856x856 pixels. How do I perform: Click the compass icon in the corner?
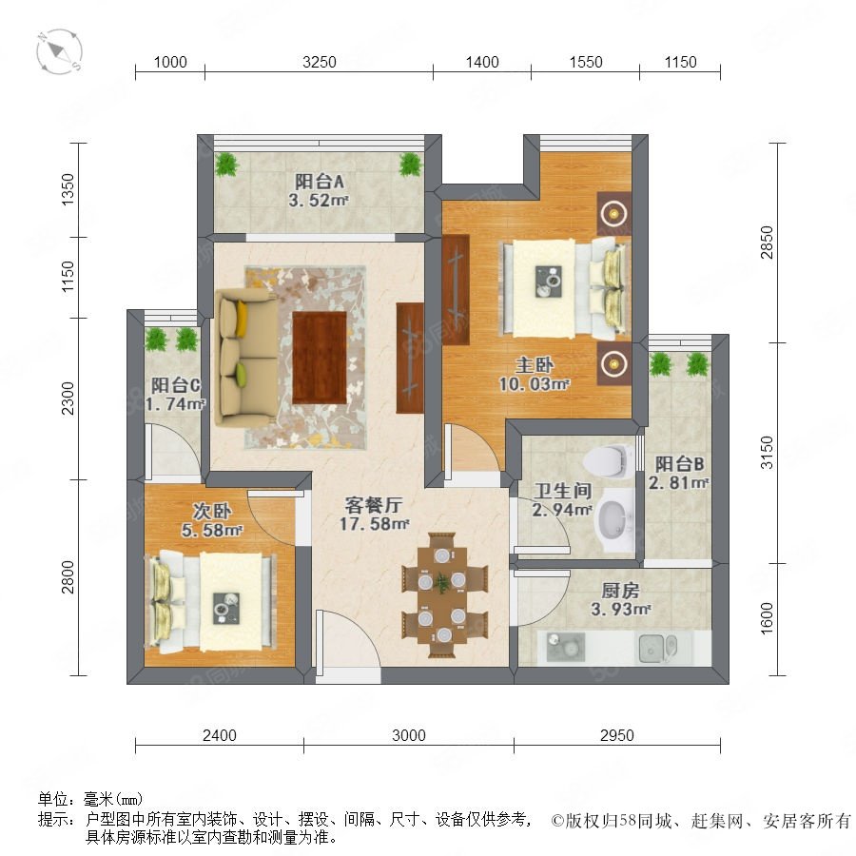click(x=60, y=52)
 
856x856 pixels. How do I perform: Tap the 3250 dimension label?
click(x=320, y=62)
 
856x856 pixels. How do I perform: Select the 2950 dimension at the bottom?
click(x=617, y=735)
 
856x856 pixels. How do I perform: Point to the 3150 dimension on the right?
click(x=767, y=453)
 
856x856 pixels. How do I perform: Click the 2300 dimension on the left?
click(x=68, y=398)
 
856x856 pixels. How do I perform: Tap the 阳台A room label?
click(x=320, y=181)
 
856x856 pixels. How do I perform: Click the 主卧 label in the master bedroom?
click(x=535, y=364)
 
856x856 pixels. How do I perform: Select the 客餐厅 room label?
click(x=374, y=505)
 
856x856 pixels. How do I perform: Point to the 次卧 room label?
click(x=212, y=511)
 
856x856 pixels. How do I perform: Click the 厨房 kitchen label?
click(x=620, y=590)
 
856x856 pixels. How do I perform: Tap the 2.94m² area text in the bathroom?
click(x=562, y=510)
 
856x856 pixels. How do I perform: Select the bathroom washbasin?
click(x=615, y=519)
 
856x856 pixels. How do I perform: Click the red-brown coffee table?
click(x=320, y=357)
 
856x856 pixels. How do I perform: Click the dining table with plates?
click(x=443, y=595)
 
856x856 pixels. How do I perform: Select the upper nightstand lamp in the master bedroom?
click(x=614, y=213)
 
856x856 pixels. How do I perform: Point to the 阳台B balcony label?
click(x=679, y=464)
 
